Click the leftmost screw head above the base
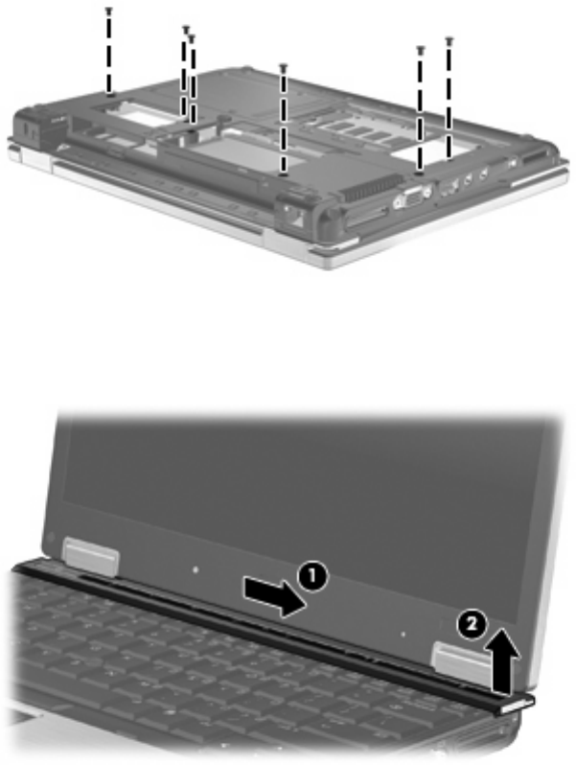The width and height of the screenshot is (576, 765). point(108,10)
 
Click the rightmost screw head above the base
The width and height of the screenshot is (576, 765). point(449,39)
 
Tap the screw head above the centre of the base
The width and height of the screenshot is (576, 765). point(283,66)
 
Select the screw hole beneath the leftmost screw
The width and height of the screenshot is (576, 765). point(111,94)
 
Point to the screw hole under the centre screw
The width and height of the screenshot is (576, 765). point(283,173)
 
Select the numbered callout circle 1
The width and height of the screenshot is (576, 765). point(312,576)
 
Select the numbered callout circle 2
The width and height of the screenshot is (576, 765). point(471,625)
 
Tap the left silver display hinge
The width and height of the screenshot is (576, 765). point(91,556)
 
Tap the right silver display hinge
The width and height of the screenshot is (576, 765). point(462,662)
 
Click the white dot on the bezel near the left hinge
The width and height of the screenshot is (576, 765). point(196,569)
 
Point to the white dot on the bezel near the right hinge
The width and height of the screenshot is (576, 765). point(403,635)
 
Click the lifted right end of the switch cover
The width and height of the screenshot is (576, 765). point(517,704)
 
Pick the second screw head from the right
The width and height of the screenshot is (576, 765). point(420,49)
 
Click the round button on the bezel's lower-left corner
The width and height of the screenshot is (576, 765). point(52,537)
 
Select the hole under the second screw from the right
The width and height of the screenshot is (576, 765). point(420,172)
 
